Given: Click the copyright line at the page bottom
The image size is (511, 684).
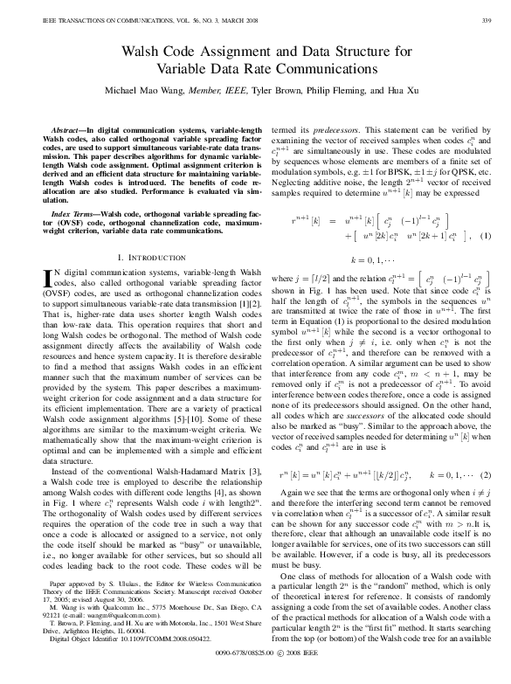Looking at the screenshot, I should click(255, 676).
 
